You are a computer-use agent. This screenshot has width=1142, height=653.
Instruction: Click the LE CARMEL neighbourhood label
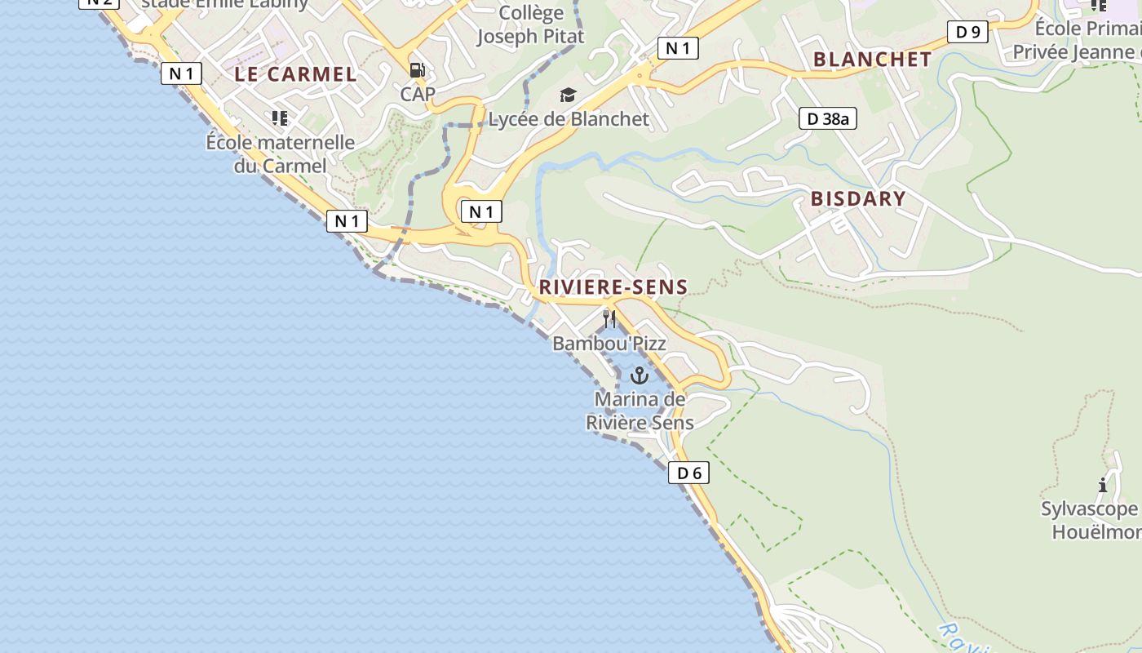(295, 74)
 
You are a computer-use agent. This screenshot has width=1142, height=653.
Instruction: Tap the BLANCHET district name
(872, 59)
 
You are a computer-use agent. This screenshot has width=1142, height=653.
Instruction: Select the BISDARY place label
(858, 198)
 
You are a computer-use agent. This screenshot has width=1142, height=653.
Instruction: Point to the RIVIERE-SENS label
(613, 287)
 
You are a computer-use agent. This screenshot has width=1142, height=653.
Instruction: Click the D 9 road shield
(967, 32)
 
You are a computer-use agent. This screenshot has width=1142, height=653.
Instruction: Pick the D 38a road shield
(828, 118)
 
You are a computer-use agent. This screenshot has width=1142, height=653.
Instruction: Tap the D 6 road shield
(688, 473)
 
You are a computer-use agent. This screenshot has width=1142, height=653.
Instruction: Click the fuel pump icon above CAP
(417, 70)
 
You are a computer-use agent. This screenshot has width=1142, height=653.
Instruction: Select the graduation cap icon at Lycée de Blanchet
(568, 96)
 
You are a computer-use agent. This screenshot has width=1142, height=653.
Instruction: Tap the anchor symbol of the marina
(640, 375)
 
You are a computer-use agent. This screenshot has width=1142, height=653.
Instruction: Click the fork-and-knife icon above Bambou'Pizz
(609, 318)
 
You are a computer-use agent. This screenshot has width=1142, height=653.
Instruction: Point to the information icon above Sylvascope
(1103, 485)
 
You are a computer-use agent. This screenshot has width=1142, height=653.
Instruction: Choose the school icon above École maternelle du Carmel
(280, 118)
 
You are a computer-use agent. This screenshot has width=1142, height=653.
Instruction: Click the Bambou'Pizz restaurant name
(609, 344)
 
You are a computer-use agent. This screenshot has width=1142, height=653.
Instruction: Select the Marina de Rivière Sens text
(640, 411)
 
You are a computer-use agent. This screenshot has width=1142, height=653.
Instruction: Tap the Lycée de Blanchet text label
(569, 119)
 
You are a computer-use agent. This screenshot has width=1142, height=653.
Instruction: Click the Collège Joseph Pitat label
(530, 24)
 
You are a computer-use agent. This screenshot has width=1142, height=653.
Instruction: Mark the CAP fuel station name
(418, 94)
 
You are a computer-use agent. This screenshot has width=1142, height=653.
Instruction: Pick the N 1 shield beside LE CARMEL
(181, 73)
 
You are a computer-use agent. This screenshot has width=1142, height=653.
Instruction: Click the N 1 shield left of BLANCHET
(678, 48)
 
